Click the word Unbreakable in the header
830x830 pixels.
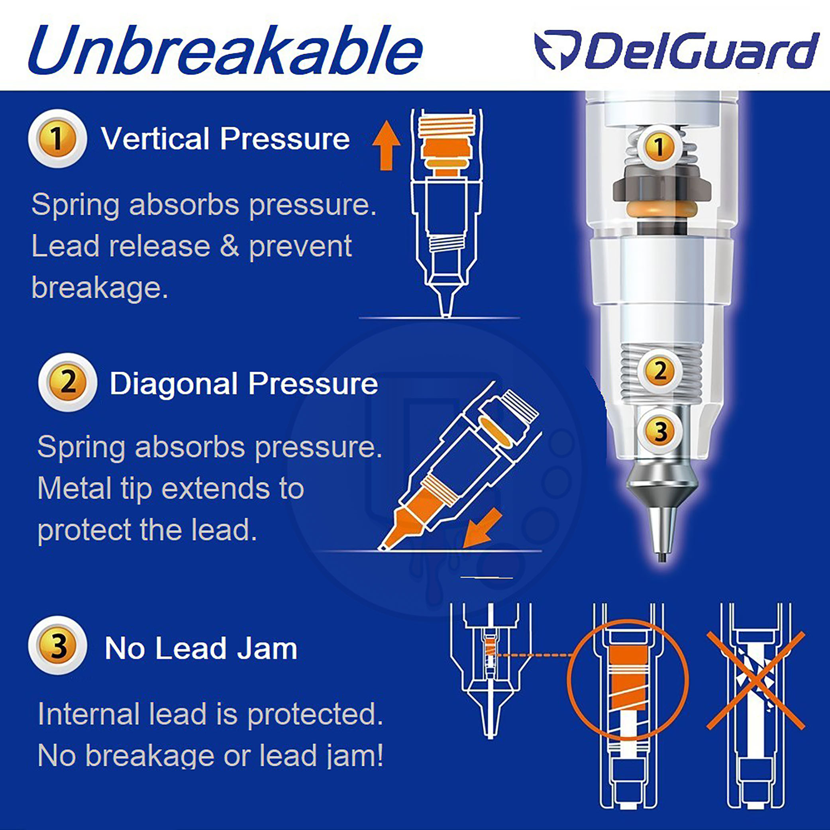[x=226, y=51]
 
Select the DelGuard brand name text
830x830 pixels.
[x=700, y=50]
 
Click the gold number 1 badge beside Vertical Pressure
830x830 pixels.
[x=57, y=138]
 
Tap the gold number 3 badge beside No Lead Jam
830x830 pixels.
[x=57, y=645]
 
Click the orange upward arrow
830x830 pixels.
[x=386, y=145]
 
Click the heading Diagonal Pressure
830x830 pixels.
[x=243, y=383]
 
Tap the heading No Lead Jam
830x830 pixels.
[x=200, y=648]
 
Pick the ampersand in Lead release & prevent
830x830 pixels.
[x=230, y=246]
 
